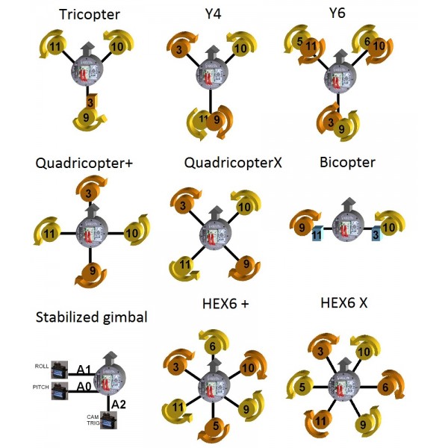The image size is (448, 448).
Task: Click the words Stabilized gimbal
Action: pyautogui.click(x=92, y=317)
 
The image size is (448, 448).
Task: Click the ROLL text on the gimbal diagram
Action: pyautogui.click(x=42, y=366)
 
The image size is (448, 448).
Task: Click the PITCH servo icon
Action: pyautogui.click(x=61, y=390)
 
